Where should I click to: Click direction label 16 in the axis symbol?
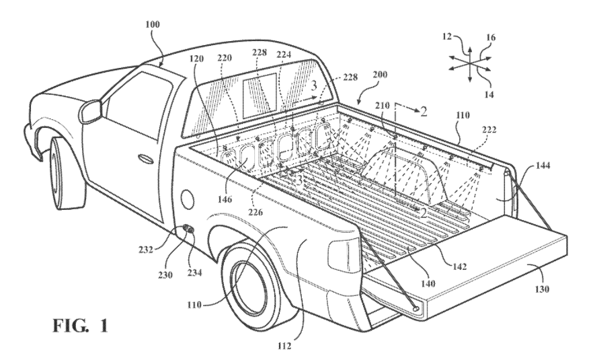tap(491, 38)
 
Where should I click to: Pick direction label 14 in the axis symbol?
tap(489, 95)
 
